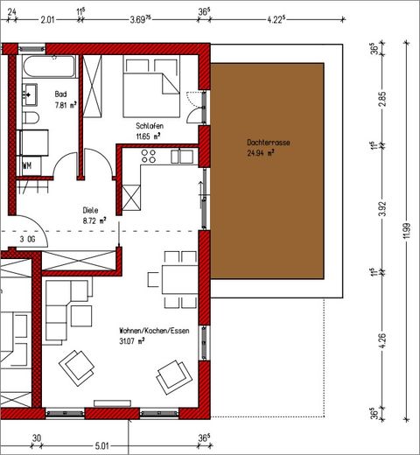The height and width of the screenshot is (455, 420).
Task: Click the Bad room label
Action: pyautogui.click(x=60, y=94)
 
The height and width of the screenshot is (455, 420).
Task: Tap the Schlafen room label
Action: pyautogui.click(x=150, y=126)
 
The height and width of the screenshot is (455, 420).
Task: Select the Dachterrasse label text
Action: pyautogui.click(x=269, y=143)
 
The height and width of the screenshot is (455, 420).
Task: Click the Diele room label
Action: pyautogui.click(x=90, y=210)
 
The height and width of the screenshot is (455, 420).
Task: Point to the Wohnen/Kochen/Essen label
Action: pyautogui.click(x=154, y=331)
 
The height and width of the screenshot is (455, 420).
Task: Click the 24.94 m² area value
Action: pyautogui.click(x=261, y=153)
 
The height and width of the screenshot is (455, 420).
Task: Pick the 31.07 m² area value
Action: pyautogui.click(x=132, y=340)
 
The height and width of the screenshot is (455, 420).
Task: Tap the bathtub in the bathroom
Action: pyautogui.click(x=49, y=66)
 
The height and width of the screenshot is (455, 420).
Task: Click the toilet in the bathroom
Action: pyautogui.click(x=31, y=117)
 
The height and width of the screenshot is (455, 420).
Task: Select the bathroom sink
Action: pyautogui.click(x=30, y=94)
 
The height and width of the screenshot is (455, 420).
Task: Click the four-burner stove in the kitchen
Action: pyautogui.click(x=149, y=156)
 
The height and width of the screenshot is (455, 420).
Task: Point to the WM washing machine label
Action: pyautogui.click(x=27, y=165)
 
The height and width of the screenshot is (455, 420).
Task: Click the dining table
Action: pyautogui.click(x=180, y=279)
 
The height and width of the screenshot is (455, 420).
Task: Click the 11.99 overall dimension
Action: pyautogui.click(x=407, y=231)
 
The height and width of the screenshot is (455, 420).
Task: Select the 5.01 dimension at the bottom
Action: pyautogui.click(x=101, y=446)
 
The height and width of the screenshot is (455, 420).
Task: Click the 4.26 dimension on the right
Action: pyautogui.click(x=382, y=340)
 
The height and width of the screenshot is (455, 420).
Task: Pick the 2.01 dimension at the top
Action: pyautogui.click(x=47, y=20)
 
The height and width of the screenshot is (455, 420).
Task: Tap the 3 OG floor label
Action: pyautogui.click(x=27, y=240)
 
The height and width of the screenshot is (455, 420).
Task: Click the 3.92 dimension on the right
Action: pyautogui.click(x=382, y=208)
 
